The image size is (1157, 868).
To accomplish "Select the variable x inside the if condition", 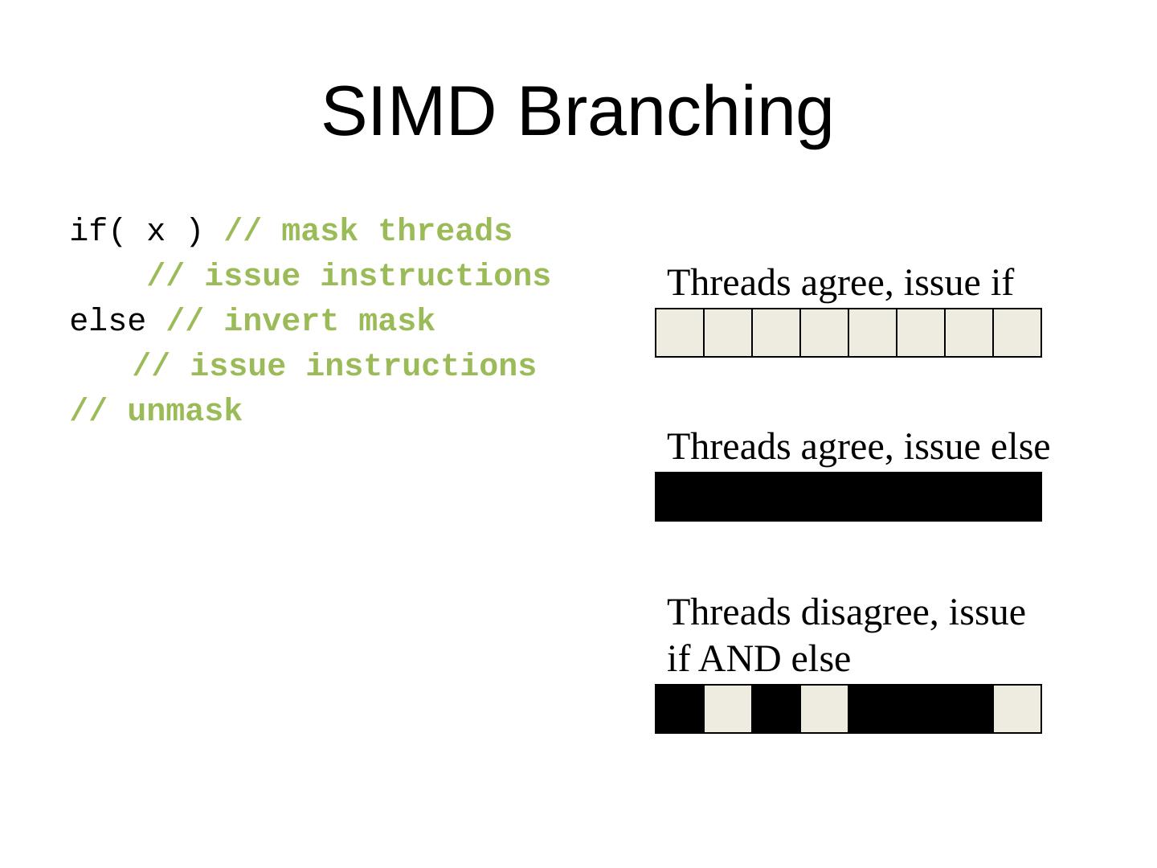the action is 156,231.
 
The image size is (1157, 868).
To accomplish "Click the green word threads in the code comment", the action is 445,231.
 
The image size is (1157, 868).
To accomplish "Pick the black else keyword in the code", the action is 108,321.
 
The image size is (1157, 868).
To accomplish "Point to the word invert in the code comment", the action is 280,321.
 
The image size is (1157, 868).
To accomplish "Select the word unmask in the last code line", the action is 184,411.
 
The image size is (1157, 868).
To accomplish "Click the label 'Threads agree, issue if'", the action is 840,284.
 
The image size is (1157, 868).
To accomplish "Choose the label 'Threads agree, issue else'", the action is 858,448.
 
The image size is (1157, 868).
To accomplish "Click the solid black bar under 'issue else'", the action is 848,497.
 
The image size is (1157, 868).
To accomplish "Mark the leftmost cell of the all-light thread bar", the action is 680,332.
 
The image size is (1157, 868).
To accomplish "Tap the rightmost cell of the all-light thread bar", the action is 1017,332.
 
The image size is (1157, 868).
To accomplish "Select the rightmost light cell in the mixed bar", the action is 1017,709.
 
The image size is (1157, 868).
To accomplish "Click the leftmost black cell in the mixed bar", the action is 680,709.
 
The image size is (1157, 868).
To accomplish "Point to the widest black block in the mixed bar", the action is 921,709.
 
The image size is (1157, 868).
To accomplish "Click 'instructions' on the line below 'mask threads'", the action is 435,276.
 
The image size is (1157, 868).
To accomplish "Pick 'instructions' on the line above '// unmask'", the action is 421,366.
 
